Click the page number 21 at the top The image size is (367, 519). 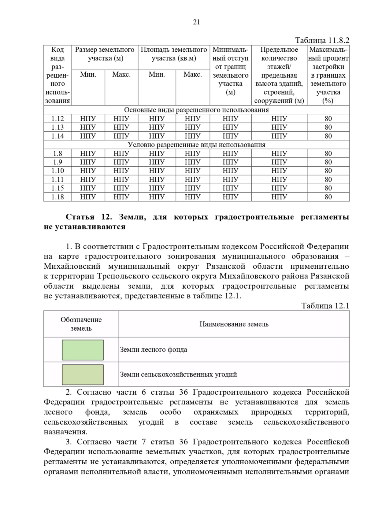click(x=196, y=22)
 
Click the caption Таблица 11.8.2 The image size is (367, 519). click(x=322, y=40)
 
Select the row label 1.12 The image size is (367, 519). click(x=57, y=119)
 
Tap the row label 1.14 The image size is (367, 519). click(x=57, y=136)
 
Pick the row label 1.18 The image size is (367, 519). click(x=57, y=197)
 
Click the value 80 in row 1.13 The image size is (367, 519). click(x=328, y=127)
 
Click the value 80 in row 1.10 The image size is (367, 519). click(x=328, y=171)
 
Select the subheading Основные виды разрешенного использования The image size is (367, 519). click(x=196, y=110)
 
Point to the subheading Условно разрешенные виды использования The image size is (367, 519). click(x=196, y=145)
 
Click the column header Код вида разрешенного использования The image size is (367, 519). click(x=57, y=75)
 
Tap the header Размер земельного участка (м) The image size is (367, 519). click(x=105, y=54)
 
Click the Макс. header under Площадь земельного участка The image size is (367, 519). click(x=193, y=75)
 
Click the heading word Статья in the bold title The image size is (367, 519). click(x=80, y=217)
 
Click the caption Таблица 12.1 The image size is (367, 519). click(x=325, y=306)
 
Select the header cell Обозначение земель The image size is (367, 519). click(x=81, y=324)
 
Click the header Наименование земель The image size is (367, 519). click(x=234, y=324)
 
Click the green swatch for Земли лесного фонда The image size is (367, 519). click(x=83, y=350)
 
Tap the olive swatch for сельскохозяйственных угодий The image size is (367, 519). click(x=83, y=375)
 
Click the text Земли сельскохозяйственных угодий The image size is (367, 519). click(x=178, y=374)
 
